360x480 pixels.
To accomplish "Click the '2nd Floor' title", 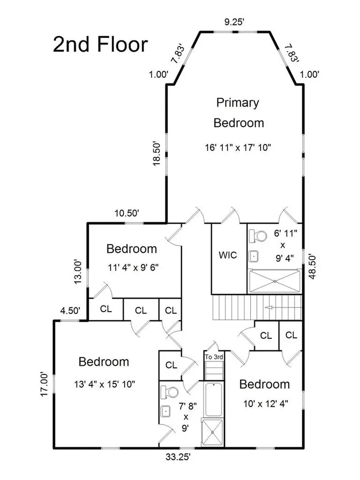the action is coord(100,45).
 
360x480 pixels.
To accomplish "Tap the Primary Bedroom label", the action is coord(239,112).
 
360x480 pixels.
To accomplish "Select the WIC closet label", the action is coord(228,255).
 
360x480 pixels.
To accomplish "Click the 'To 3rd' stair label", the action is coord(214,357).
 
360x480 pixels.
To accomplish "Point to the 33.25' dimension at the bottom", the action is coord(178,457).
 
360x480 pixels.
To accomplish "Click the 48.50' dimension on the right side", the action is coord(312,266).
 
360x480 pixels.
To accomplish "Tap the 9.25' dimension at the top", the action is coord(234,22).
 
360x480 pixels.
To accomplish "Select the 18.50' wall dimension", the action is coord(157,153).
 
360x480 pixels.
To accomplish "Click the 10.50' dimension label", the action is coord(127,213).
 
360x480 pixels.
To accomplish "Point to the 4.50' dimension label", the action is coord(70,311).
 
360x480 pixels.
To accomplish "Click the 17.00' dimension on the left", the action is coord(45,384).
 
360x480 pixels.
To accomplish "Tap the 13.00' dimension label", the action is coord(78,271).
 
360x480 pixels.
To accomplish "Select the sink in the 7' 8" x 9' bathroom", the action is coord(165,411).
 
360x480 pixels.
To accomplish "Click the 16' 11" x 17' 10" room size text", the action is coord(238,148).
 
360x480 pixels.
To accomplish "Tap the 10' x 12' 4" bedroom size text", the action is coord(266,404).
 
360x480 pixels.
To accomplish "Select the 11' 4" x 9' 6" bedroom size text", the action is coord(133,268).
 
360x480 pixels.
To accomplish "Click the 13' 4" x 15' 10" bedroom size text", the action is coord(105,384).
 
